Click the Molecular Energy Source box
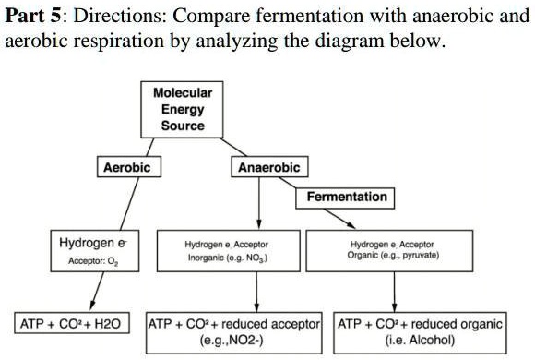183,109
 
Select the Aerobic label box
125,167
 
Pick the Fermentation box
346,197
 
